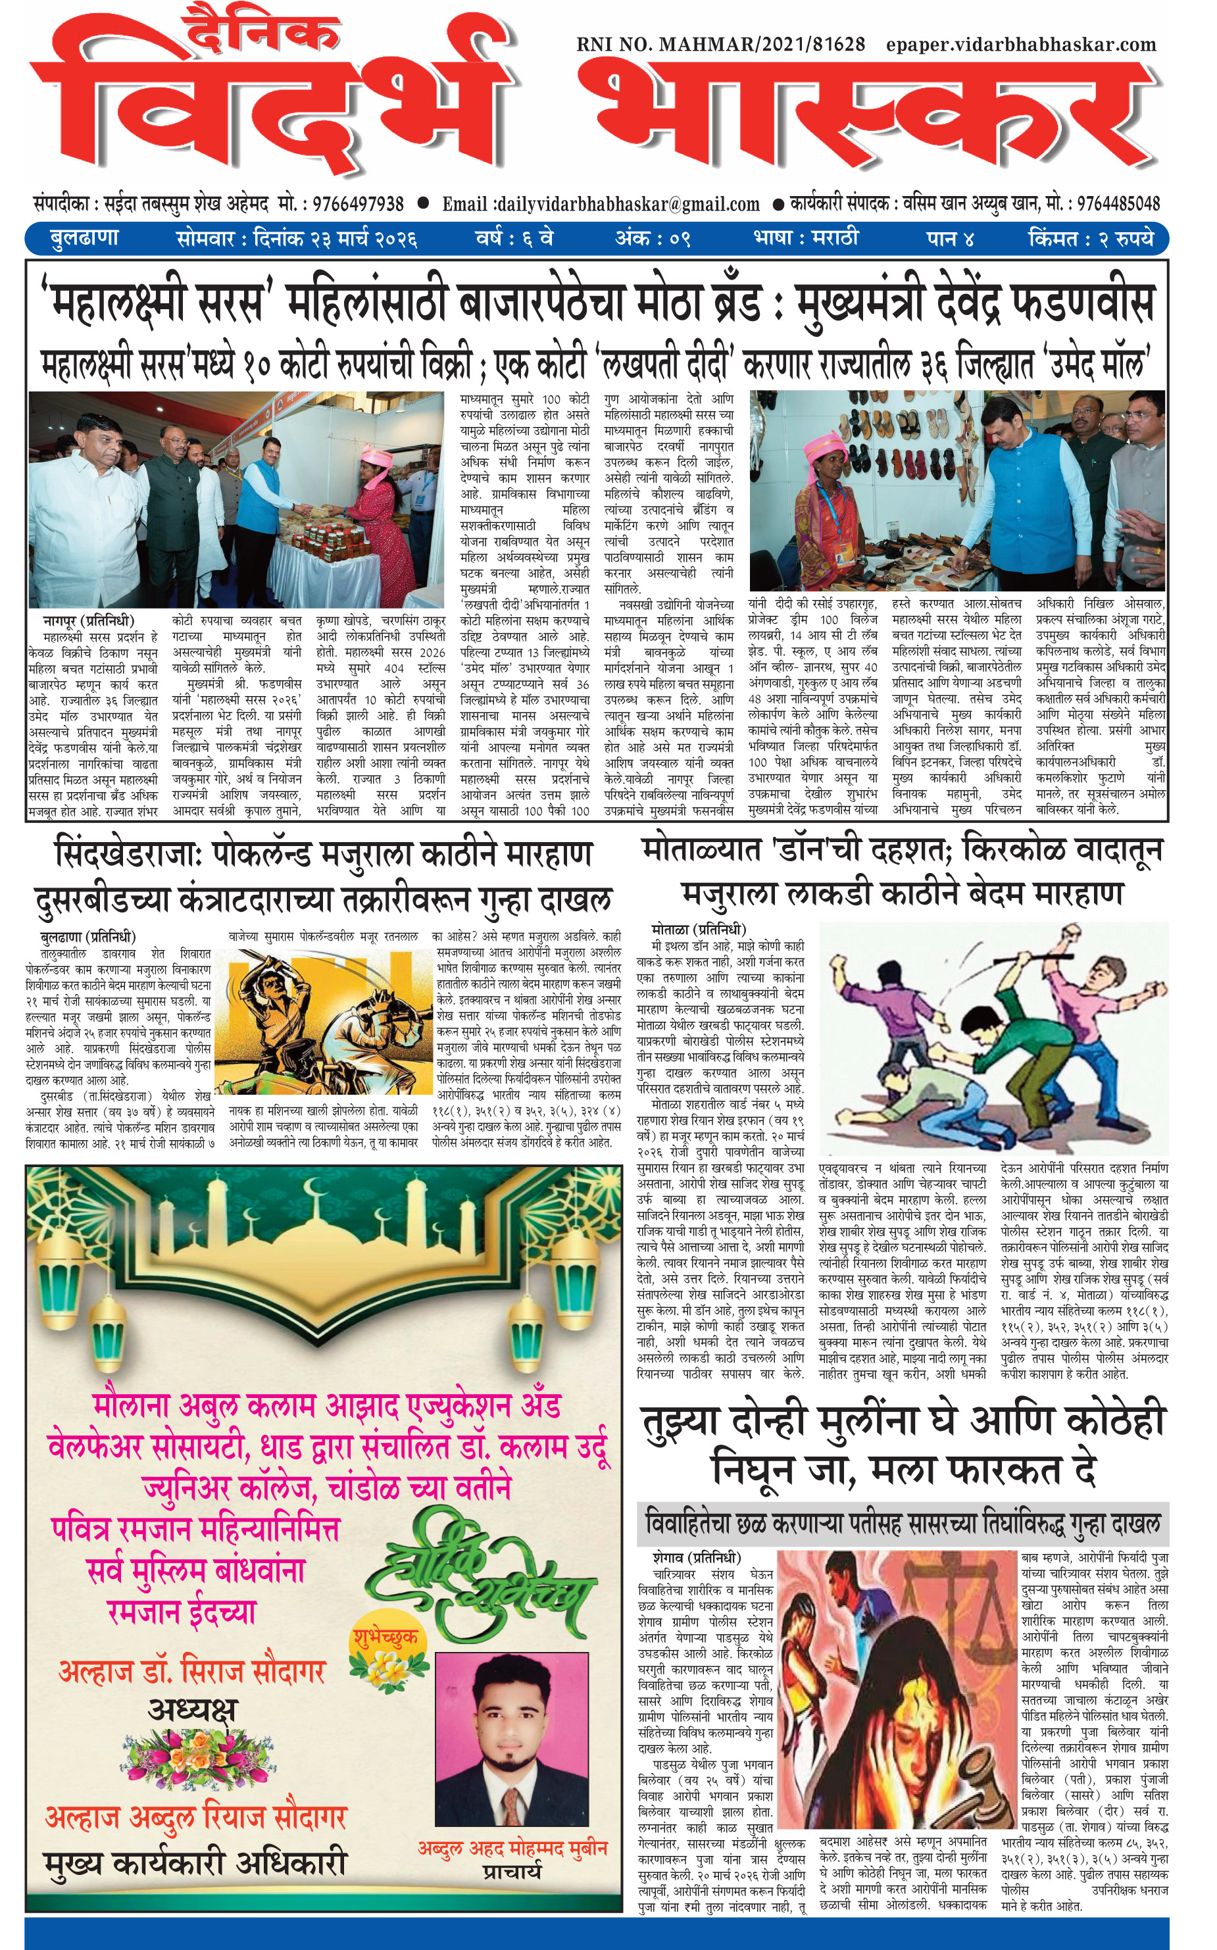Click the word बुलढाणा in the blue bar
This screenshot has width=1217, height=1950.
pos(84,238)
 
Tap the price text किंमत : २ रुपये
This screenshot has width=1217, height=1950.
pos(1091,239)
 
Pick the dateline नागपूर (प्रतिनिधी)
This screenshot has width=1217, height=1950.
pos(89,620)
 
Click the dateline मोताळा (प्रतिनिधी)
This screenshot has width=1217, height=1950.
pos(699,930)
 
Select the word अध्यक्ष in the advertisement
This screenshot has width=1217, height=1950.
pos(192,1710)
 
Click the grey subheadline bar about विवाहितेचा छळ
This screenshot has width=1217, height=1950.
pos(903,1524)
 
